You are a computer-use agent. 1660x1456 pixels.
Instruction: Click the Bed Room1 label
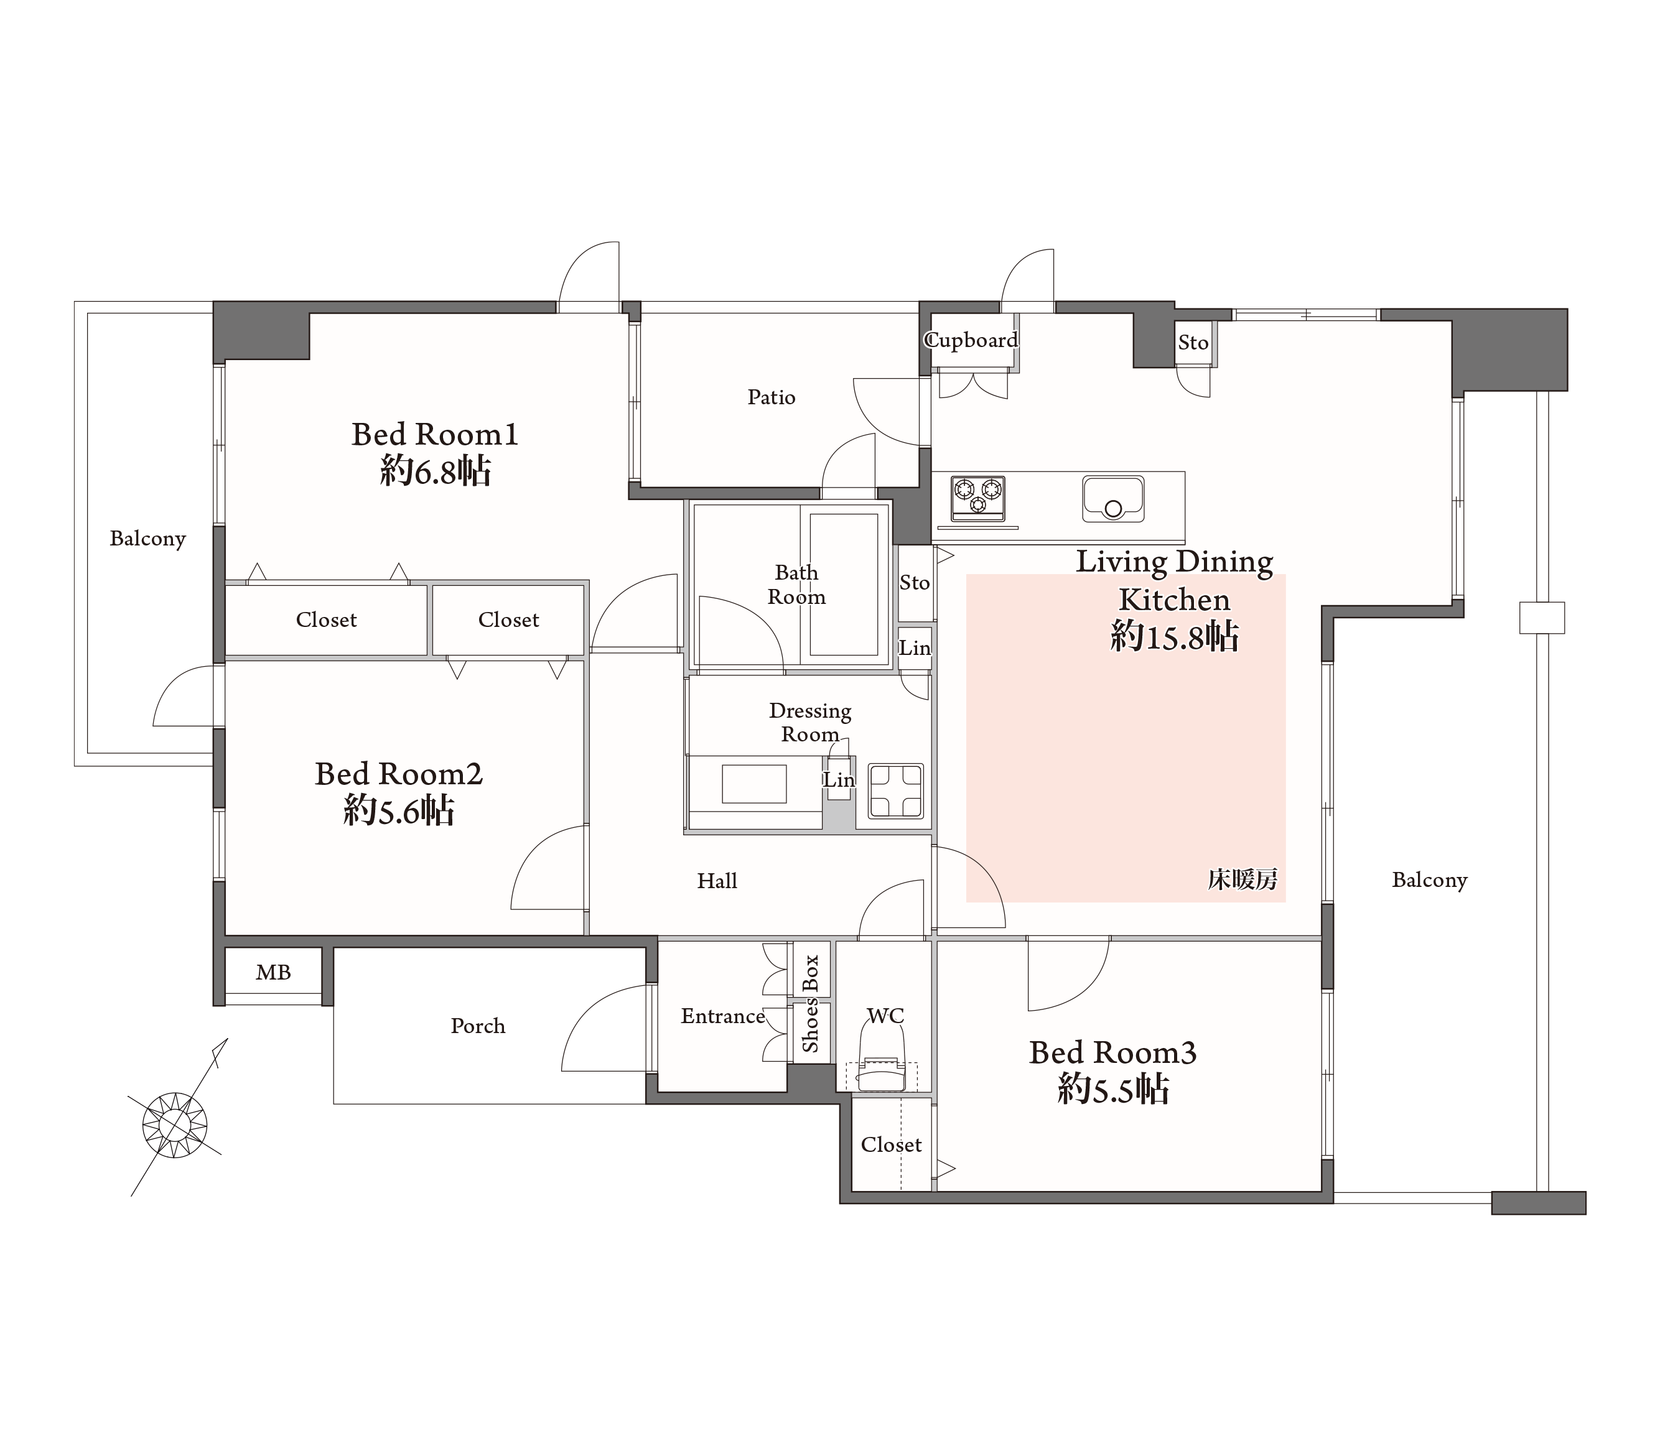434,435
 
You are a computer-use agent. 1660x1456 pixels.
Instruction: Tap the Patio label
771,397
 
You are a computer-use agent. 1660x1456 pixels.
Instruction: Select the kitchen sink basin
1112,499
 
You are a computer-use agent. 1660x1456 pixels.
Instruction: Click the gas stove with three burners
978,498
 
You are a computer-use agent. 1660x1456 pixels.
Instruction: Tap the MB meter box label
273,972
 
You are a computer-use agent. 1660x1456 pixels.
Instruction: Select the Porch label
478,1026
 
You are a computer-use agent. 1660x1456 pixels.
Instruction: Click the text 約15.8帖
1174,637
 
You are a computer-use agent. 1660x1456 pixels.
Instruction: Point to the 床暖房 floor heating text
1242,879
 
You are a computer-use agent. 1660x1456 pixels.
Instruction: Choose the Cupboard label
971,340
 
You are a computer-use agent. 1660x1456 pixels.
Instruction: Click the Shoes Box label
811,1004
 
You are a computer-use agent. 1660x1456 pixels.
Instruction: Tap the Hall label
717,880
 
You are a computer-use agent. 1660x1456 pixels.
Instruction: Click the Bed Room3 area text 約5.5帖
1112,1089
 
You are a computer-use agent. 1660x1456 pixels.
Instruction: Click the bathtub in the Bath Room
844,584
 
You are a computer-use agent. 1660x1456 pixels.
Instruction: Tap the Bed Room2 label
399,774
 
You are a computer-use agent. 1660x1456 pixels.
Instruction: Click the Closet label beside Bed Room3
891,1144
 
